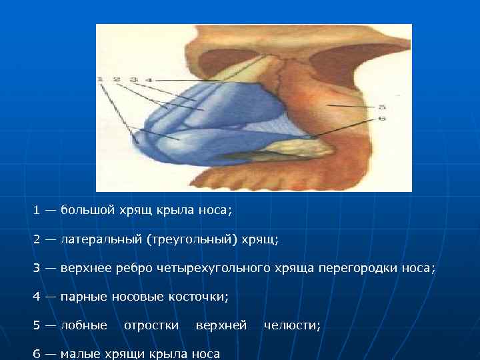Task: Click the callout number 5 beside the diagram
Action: coord(381,107)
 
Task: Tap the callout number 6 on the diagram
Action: coord(381,118)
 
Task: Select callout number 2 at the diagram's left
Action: coord(117,80)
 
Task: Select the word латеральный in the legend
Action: coord(101,239)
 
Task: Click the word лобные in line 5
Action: coord(83,325)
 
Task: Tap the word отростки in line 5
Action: coord(151,325)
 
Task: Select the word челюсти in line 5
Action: coord(292,325)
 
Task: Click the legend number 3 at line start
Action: coord(37,268)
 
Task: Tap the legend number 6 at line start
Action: coord(37,354)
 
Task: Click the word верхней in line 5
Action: coord(221,325)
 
